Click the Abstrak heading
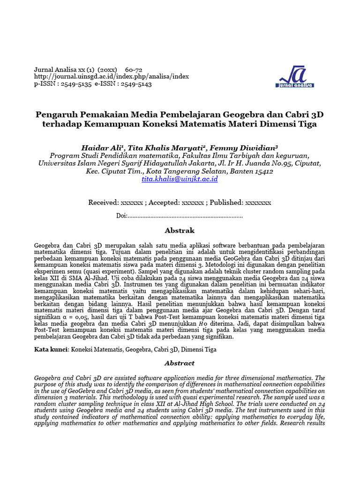tap(180, 231)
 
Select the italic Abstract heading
tap(180, 363)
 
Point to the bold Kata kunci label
tap(51, 349)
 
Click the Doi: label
tap(122, 216)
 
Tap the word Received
tap(103, 202)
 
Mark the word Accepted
tap(162, 202)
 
